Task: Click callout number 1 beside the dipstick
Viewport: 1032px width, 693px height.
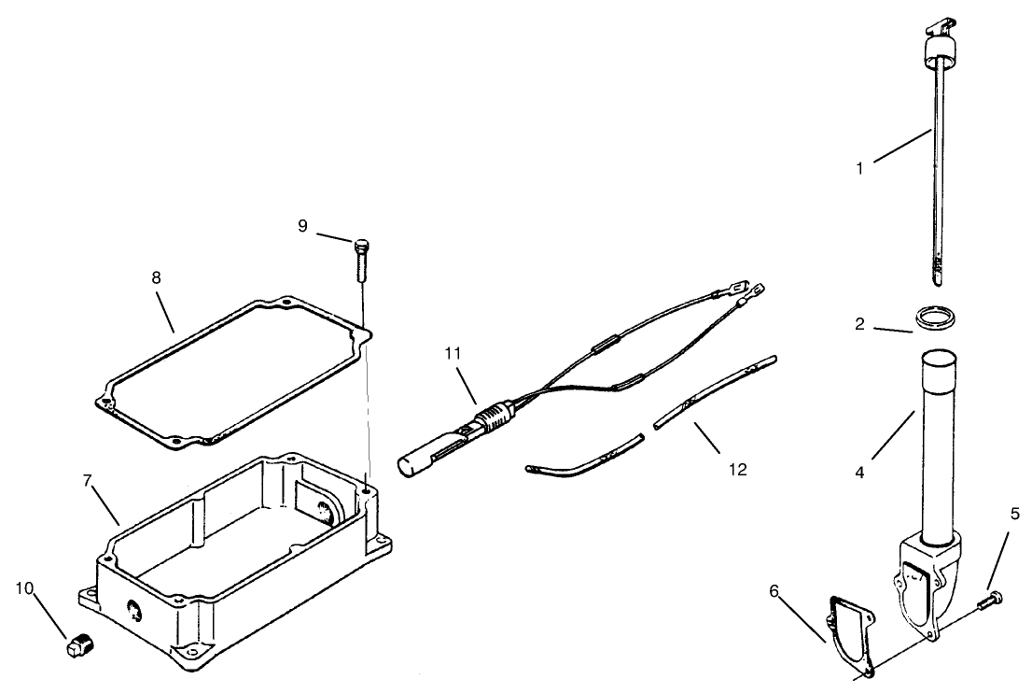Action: pos(860,170)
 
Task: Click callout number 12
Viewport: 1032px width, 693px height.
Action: pos(738,469)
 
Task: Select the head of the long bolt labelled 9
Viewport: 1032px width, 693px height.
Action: pos(362,246)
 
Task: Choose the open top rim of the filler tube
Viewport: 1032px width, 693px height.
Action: pos(941,358)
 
